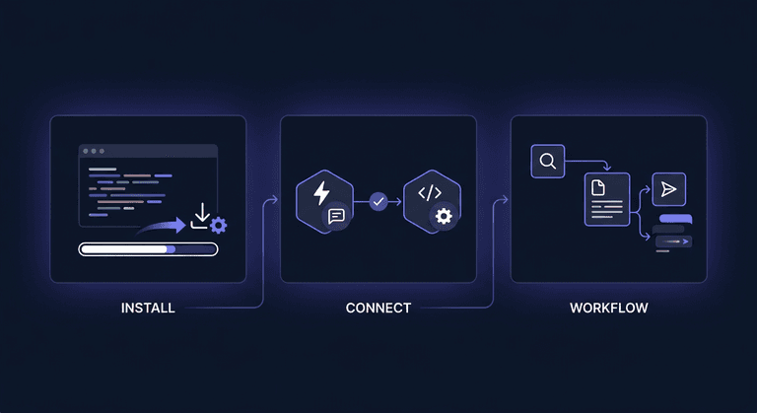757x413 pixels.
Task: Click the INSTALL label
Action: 148,308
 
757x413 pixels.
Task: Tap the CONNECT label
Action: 378,308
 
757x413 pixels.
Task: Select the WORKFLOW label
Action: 609,308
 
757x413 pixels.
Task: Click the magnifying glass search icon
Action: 548,161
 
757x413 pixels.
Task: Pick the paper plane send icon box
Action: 668,189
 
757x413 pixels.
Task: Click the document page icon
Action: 598,187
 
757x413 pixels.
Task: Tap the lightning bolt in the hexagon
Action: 321,193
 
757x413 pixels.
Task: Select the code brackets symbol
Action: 430,193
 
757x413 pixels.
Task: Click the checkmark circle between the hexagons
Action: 378,201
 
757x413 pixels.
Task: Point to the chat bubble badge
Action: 336,216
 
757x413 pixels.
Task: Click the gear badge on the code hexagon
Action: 444,216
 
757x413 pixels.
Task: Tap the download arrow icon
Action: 201,216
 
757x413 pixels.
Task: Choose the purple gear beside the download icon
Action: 219,225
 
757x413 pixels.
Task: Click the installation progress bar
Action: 148,249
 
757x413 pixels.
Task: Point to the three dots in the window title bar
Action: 94,151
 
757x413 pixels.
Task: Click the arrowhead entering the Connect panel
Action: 275,199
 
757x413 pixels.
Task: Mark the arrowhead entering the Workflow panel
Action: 505,199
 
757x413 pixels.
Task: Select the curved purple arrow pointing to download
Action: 162,226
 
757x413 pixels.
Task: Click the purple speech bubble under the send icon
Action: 675,219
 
